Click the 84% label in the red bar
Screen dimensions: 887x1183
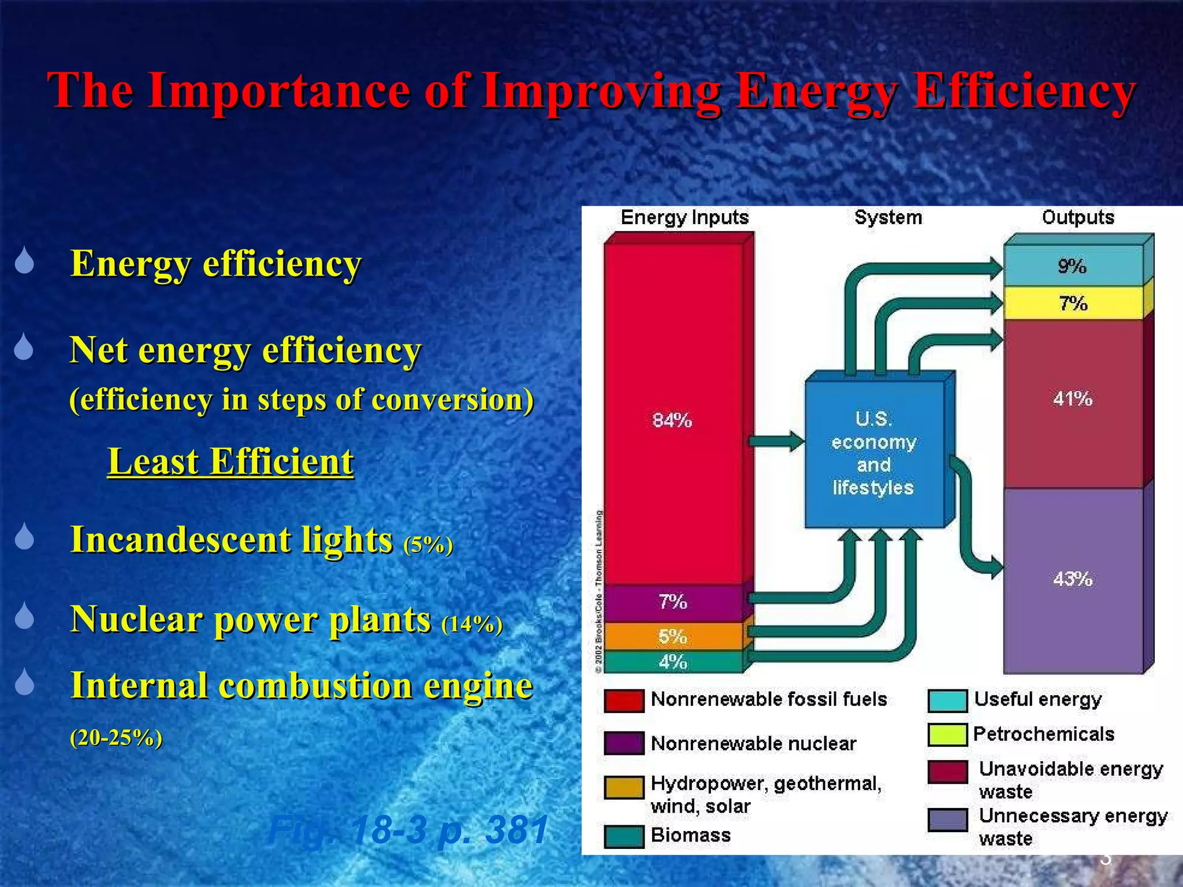[x=672, y=420]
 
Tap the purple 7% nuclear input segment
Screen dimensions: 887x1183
[x=673, y=602]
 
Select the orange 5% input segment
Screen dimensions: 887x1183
[x=673, y=636]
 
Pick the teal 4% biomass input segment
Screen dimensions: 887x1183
[x=673, y=662]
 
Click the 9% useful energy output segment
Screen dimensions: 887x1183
[x=1073, y=266]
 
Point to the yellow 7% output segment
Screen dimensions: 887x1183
[x=1073, y=303]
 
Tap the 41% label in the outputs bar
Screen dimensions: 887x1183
[x=1073, y=398]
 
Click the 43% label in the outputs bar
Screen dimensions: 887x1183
[x=1073, y=579]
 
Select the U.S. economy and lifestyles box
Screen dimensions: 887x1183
[x=873, y=453]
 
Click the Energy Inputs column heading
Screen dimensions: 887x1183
[x=684, y=218]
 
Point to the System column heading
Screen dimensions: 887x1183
[x=888, y=218]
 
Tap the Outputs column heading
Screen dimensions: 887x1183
[x=1078, y=218]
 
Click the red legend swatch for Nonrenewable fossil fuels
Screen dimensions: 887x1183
[x=624, y=700]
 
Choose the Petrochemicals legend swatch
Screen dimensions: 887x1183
[x=947, y=735]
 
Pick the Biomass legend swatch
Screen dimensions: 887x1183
[x=624, y=836]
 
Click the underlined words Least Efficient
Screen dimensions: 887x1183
[x=230, y=461]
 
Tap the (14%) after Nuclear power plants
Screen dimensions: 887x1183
[x=471, y=624]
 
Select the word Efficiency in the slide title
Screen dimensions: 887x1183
[x=1025, y=91]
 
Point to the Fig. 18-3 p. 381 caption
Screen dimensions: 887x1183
[x=408, y=830]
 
